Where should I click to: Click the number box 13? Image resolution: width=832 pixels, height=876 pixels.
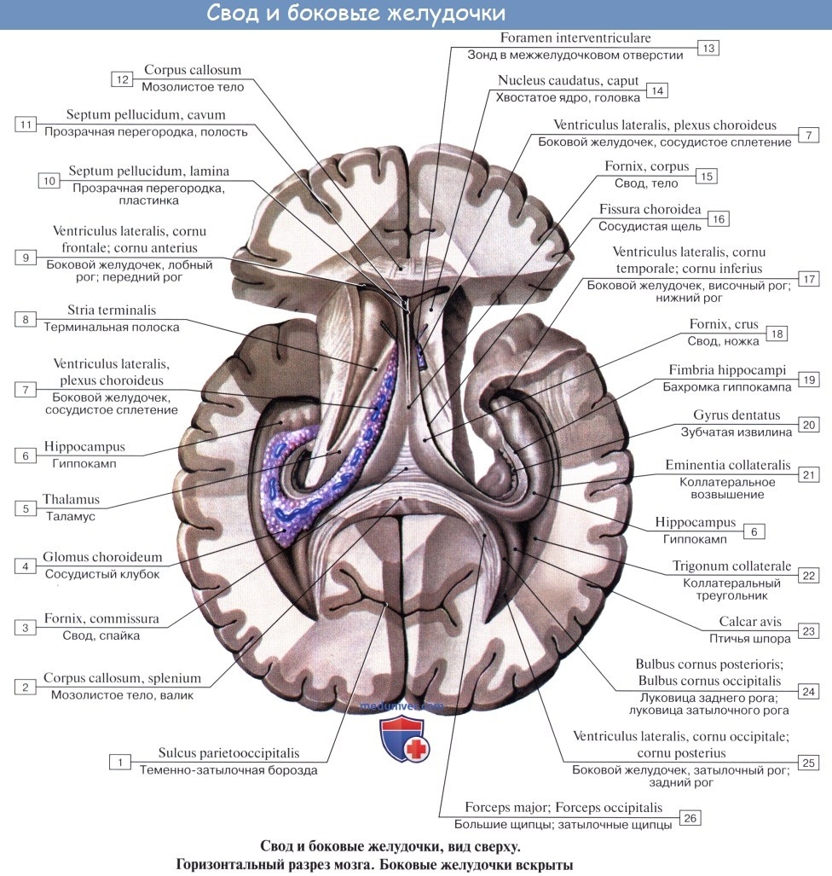(x=708, y=48)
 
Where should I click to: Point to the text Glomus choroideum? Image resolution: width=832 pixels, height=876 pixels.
(x=103, y=558)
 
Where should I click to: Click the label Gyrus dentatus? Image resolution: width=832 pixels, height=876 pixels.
(x=737, y=415)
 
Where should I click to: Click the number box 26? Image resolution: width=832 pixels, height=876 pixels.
(x=690, y=818)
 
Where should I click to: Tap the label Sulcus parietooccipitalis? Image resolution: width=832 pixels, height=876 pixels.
(x=228, y=753)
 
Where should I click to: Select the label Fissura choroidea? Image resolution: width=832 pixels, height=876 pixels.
(x=650, y=209)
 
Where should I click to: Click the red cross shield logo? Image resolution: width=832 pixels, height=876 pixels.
(x=404, y=740)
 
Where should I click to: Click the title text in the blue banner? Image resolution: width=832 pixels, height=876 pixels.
(x=356, y=15)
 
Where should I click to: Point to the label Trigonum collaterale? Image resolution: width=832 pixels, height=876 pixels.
(x=731, y=566)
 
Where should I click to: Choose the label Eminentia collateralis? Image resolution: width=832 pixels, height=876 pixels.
(x=728, y=466)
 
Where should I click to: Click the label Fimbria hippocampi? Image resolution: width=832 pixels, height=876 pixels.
(x=727, y=371)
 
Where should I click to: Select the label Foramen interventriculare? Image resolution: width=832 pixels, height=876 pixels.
(x=575, y=38)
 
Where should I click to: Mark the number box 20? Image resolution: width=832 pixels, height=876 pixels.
(x=809, y=424)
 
